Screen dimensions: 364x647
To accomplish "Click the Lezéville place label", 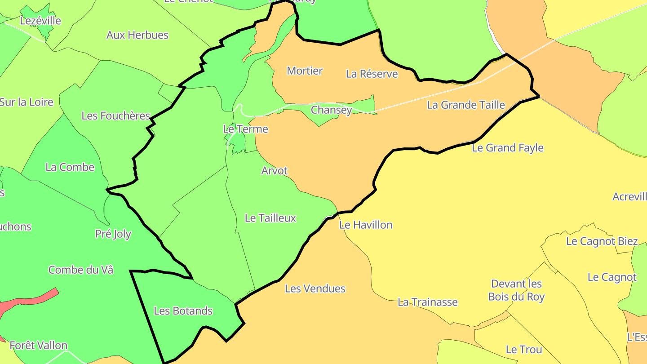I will tap(40, 21).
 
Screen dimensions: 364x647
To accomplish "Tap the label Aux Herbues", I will tap(137, 35).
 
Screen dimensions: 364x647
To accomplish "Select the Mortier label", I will tap(305, 71).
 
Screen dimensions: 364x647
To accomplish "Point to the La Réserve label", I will tap(372, 74).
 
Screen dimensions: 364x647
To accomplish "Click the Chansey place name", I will tap(331, 110).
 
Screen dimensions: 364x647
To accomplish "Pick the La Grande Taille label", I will tap(466, 105).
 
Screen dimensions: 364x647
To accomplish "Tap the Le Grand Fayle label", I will tap(508, 148).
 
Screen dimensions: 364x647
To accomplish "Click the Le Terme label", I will tap(245, 129).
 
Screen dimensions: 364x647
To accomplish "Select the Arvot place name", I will tap(274, 171).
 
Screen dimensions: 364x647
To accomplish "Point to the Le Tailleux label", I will tap(270, 218).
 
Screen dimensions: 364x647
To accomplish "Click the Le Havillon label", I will tap(366, 225).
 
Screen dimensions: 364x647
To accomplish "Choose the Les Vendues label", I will tap(315, 289).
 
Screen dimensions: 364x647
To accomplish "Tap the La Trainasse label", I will tap(428, 302).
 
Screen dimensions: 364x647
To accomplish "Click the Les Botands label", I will tap(183, 311).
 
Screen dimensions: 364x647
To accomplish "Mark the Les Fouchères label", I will tap(115, 115).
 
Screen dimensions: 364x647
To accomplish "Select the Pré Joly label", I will tap(113, 234).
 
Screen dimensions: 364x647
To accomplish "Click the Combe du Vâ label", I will tap(81, 270).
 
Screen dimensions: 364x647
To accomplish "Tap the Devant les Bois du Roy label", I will tap(516, 290).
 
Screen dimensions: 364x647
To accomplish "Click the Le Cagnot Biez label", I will tap(602, 241).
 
